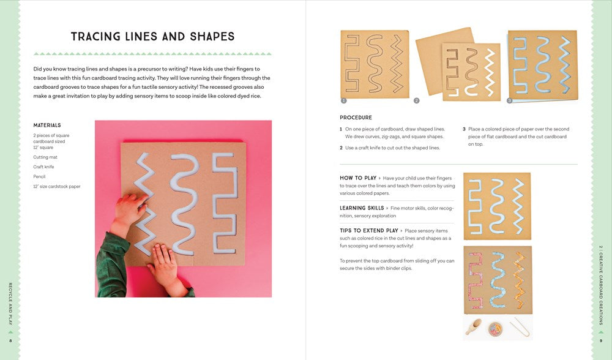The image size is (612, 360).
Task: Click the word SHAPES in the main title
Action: pyautogui.click(x=212, y=37)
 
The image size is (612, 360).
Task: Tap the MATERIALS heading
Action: pyautogui.click(x=47, y=126)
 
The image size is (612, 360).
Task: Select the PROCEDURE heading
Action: pyautogui.click(x=356, y=118)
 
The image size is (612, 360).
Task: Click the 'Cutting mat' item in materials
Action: pyautogui.click(x=45, y=157)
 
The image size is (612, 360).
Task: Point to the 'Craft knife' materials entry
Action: pyautogui.click(x=43, y=167)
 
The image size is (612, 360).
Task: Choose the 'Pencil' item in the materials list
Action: pyautogui.click(x=39, y=176)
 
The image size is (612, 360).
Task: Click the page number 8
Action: pyautogui.click(x=10, y=341)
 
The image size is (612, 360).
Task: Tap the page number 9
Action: pyautogui.click(x=601, y=341)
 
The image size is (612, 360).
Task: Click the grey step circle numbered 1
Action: pyautogui.click(x=343, y=101)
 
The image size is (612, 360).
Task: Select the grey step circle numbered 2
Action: pyautogui.click(x=416, y=101)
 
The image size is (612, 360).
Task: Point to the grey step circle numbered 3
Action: pyautogui.click(x=509, y=101)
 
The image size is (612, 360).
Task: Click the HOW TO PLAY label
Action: pyautogui.click(x=358, y=178)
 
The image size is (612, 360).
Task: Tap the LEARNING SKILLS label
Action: pyautogui.click(x=362, y=208)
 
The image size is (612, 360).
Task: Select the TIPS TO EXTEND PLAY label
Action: pyautogui.click(x=369, y=231)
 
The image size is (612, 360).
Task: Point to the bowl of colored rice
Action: pyautogui.click(x=495, y=329)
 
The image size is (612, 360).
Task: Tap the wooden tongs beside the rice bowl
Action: pyautogui.click(x=520, y=326)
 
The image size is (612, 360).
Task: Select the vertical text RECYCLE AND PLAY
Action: pyautogui.click(x=10, y=304)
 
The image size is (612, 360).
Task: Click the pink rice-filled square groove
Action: pyautogui.click(x=475, y=280)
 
